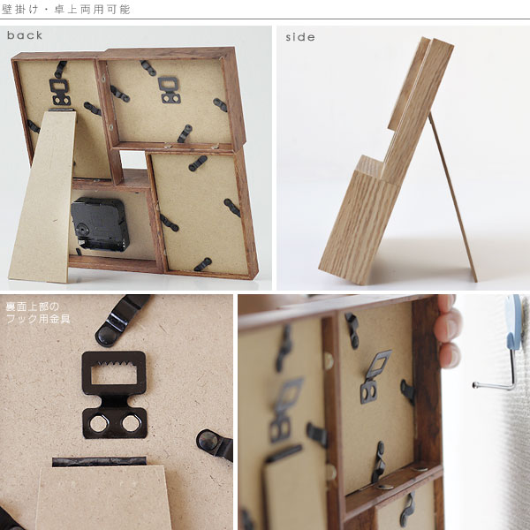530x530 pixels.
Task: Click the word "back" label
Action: (x=25, y=35)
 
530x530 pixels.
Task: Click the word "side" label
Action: (x=300, y=37)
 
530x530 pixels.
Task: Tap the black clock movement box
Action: (x=100, y=224)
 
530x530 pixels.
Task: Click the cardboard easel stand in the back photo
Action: (x=43, y=196)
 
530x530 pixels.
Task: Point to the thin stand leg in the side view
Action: (x=453, y=197)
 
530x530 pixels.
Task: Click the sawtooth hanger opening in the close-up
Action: (x=114, y=373)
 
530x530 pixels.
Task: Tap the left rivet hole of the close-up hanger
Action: (x=99, y=423)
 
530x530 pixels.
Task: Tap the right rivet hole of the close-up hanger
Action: (x=131, y=423)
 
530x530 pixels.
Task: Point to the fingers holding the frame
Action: (x=448, y=331)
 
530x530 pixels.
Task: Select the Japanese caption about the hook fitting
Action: (x=38, y=313)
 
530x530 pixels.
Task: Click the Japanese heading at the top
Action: (x=66, y=10)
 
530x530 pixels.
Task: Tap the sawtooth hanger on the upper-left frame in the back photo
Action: (x=60, y=92)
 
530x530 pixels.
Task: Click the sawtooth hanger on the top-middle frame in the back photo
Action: (x=169, y=89)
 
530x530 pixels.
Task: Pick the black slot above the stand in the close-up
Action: (x=99, y=462)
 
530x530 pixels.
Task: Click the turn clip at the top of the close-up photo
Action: (x=120, y=321)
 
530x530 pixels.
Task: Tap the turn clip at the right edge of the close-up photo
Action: (x=215, y=443)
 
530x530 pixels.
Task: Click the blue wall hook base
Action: (x=515, y=322)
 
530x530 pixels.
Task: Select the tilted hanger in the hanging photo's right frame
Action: (x=375, y=377)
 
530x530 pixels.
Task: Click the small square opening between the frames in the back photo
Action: (x=133, y=160)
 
